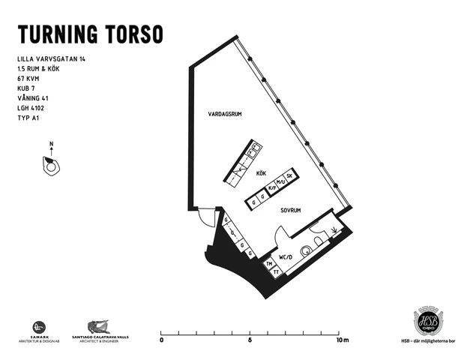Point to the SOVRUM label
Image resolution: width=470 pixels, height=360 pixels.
click(291, 211)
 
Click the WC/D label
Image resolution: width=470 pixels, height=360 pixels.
click(285, 257)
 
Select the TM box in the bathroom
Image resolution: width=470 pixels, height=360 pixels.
click(268, 264)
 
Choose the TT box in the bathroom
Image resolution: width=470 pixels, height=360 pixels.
click(276, 271)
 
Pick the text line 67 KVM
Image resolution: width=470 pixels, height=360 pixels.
click(29, 78)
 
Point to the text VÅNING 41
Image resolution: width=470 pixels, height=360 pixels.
click(34, 97)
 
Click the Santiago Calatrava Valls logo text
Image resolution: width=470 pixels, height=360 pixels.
click(100, 337)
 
